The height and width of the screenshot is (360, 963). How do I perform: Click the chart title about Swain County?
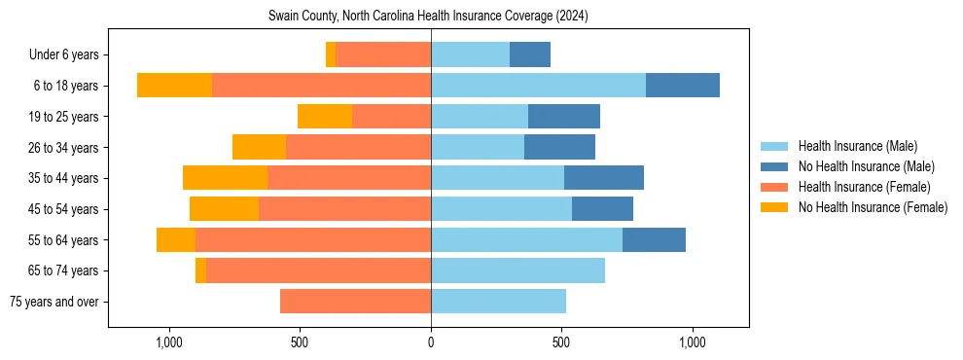pyautogui.click(x=428, y=17)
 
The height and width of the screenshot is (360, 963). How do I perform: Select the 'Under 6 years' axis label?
pyautogui.click(x=70, y=54)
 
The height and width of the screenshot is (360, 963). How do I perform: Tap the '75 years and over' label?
pyautogui.click(x=58, y=302)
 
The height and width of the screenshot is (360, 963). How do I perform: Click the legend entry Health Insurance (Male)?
pyautogui.click(x=857, y=146)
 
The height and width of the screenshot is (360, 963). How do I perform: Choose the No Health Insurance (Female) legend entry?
pyautogui.click(x=873, y=207)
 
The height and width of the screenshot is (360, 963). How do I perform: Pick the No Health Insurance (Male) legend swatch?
pyautogui.click(x=774, y=166)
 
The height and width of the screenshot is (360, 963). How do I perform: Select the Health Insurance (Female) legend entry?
pyautogui.click(x=864, y=187)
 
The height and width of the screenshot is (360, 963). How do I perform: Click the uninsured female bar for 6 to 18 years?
pyautogui.click(x=174, y=86)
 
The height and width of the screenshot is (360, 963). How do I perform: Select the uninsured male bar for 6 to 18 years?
pyautogui.click(x=683, y=86)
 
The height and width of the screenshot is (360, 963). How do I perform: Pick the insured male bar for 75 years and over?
pyautogui.click(x=498, y=302)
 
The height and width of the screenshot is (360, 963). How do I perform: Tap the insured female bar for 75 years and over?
pyautogui.click(x=355, y=302)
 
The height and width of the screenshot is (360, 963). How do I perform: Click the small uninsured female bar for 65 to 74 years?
pyautogui.click(x=200, y=270)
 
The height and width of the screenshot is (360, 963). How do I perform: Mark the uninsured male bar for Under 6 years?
pyautogui.click(x=530, y=54)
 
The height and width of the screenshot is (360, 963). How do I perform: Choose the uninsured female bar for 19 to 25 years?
pyautogui.click(x=325, y=117)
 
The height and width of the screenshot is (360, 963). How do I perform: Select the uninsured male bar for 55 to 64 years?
pyautogui.click(x=654, y=239)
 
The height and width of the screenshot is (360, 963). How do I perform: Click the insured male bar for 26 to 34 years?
pyautogui.click(x=478, y=147)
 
